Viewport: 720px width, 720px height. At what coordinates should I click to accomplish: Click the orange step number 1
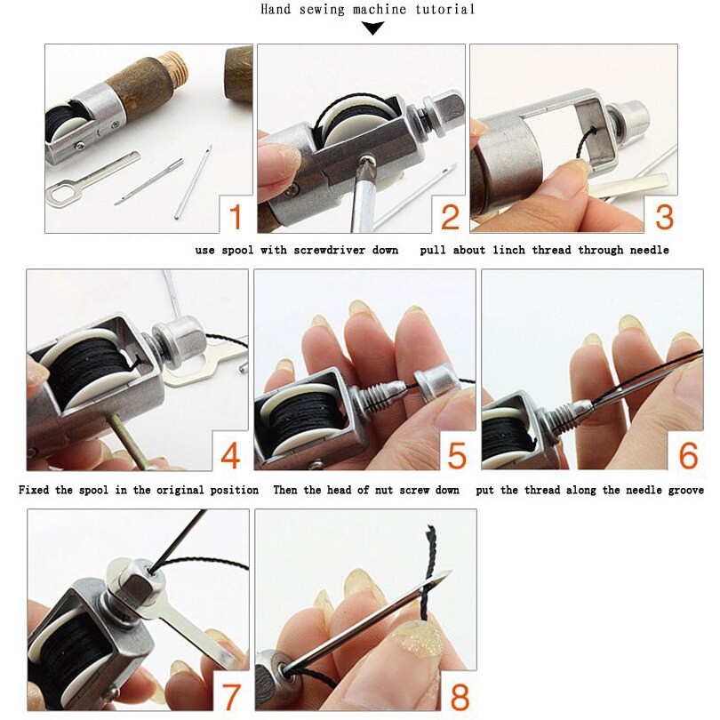click(x=236, y=217)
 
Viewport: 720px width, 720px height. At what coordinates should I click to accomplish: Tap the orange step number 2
click(x=450, y=217)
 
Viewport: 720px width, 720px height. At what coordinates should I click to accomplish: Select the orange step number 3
click(x=664, y=217)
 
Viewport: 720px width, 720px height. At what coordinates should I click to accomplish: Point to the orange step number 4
click(x=230, y=456)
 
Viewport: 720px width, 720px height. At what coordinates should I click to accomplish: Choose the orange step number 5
click(x=456, y=456)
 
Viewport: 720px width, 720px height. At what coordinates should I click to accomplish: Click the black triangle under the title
click(x=372, y=28)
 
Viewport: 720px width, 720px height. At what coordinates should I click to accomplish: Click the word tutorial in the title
click(x=442, y=10)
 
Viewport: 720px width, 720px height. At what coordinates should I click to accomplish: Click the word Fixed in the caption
click(x=36, y=490)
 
